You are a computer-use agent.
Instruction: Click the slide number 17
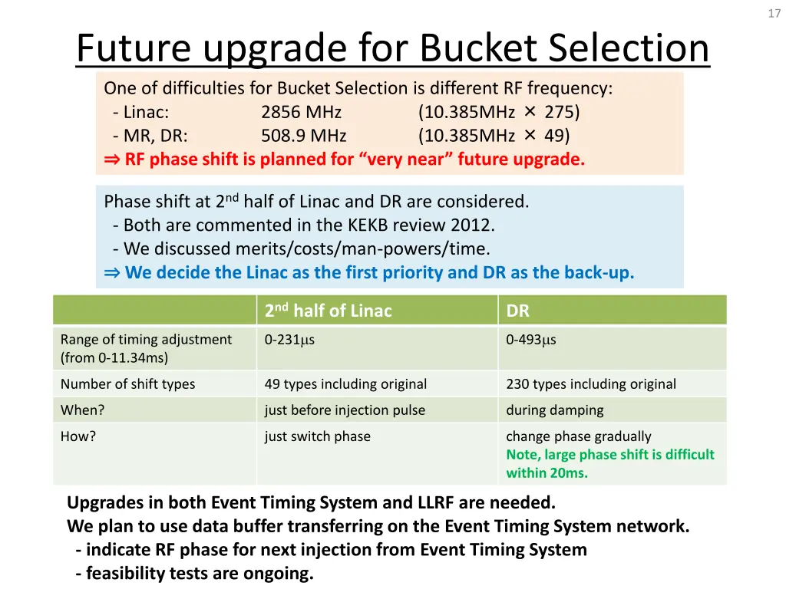773,14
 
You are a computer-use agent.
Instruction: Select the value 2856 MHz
301,113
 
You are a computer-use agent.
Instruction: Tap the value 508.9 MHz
303,137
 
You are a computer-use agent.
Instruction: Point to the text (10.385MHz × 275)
499,113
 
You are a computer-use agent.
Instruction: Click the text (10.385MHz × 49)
494,137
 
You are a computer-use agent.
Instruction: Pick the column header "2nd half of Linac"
328,311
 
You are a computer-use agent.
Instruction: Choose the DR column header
517,311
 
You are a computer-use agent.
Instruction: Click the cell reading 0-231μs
289,340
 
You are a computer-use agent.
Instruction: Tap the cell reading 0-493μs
530,340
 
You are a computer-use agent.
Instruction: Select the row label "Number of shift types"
127,384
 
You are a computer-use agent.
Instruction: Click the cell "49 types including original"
345,384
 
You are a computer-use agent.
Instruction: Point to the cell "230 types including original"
591,384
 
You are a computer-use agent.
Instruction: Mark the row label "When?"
82,410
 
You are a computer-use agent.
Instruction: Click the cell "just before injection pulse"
345,410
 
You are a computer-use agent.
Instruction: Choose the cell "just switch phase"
317,436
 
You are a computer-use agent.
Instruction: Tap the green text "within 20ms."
547,473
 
